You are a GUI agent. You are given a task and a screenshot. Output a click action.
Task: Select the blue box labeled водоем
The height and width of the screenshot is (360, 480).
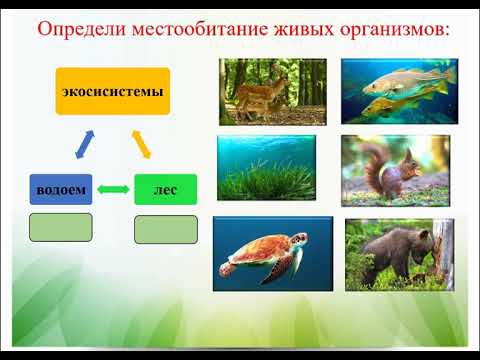[x=60, y=189]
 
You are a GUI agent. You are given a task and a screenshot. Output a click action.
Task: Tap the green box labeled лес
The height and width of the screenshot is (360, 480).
[x=165, y=189]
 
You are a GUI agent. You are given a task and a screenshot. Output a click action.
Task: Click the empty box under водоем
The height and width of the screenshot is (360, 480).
[x=60, y=228]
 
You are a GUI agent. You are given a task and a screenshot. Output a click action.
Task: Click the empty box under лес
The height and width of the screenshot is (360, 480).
[x=165, y=230]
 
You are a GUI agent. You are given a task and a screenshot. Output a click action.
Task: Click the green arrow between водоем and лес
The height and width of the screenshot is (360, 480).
[x=113, y=190]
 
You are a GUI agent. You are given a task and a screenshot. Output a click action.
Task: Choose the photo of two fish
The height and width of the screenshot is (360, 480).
[x=398, y=90]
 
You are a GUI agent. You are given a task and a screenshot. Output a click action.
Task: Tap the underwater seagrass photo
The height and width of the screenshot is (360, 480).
[x=266, y=169]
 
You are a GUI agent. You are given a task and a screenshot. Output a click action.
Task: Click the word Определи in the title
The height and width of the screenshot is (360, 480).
[x=78, y=27]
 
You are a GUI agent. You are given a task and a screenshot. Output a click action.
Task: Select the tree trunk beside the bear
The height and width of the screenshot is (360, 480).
[x=441, y=250]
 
